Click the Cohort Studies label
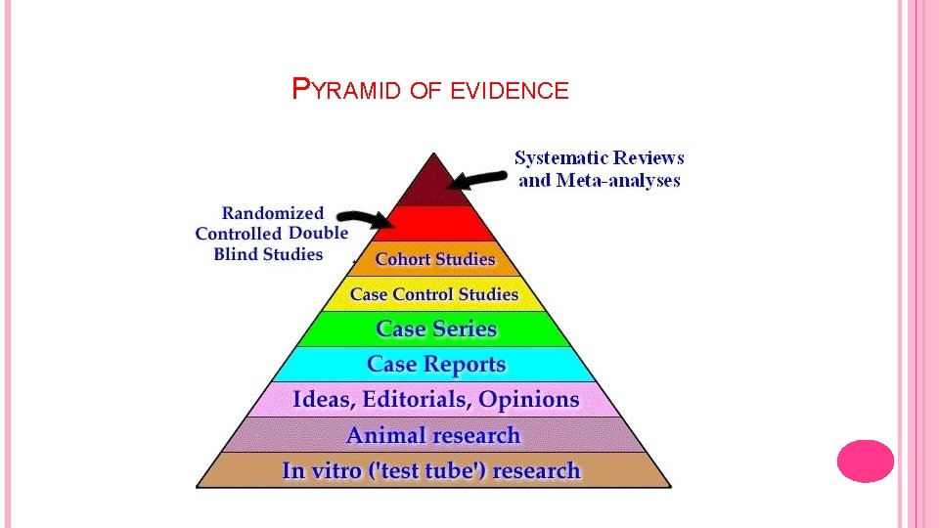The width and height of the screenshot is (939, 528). tap(435, 259)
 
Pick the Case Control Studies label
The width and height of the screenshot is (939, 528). tap(434, 293)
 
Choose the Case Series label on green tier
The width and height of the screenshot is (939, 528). tap(436, 329)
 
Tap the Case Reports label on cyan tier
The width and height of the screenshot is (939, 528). tap(436, 364)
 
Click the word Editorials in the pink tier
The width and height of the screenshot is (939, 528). tap(410, 399)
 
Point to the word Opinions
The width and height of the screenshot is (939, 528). tap(529, 399)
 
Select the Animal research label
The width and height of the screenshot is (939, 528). tap(433, 435)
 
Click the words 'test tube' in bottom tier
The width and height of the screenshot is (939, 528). tap(429, 470)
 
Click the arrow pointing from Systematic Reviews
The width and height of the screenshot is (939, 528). tap(478, 179)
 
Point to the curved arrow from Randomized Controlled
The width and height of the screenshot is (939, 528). tap(364, 219)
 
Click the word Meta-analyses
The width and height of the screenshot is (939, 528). tap(618, 180)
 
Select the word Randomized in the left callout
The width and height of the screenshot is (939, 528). tap(273, 212)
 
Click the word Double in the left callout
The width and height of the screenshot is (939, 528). tap(318, 233)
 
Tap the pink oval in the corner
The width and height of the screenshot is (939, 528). tap(866, 461)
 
